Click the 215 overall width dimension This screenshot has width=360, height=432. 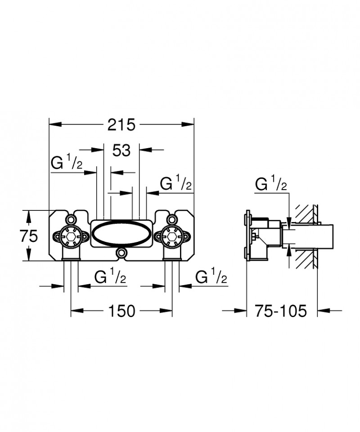(x=121, y=124)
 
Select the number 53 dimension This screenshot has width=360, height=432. (x=121, y=151)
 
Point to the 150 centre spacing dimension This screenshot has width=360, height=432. (x=122, y=310)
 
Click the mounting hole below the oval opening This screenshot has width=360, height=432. (x=121, y=254)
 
